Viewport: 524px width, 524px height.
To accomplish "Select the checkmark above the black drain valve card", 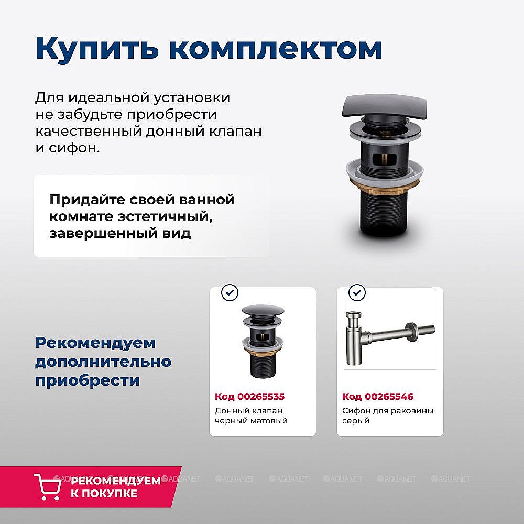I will click(230, 292).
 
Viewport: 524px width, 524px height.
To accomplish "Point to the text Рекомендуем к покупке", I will click(115, 487).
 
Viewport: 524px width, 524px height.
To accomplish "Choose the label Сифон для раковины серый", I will click(388, 416).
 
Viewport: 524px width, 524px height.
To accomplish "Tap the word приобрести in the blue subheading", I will click(88, 380).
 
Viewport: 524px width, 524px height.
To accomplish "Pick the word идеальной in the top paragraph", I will click(108, 98).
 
